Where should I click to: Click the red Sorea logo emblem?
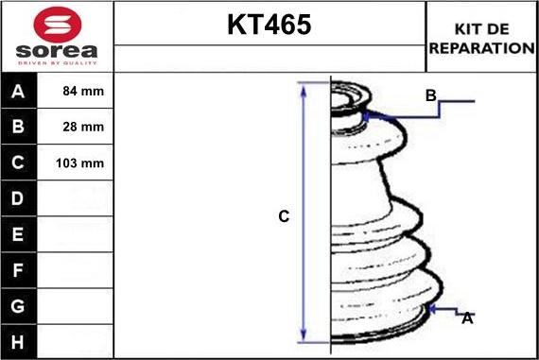(x=58, y=25)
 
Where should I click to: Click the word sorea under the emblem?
(x=57, y=51)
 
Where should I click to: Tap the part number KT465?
(x=269, y=25)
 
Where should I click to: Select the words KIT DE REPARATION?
(x=481, y=39)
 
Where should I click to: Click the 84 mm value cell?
(x=75, y=91)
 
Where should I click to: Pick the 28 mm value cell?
(x=75, y=127)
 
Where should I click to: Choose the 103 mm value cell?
(x=75, y=163)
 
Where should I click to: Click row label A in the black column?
(x=18, y=92)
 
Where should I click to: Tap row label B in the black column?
(x=18, y=127)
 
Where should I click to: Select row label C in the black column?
(x=18, y=163)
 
